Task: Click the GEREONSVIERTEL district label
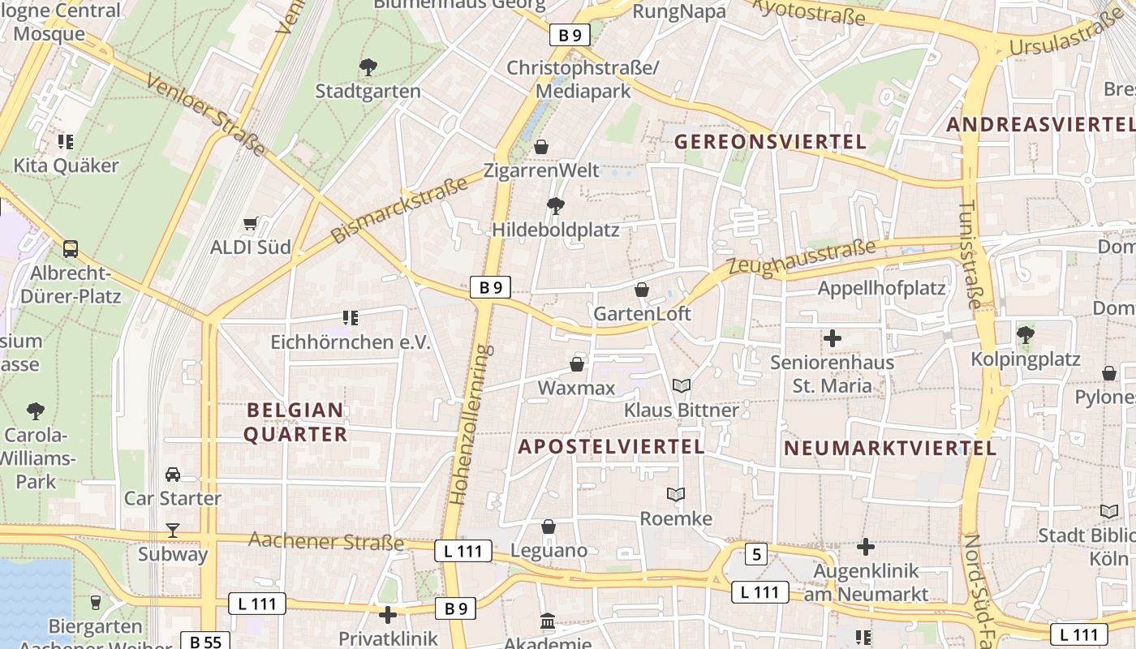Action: [x=770, y=142]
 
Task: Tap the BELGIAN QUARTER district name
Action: [x=295, y=422]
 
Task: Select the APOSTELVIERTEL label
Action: [x=611, y=446]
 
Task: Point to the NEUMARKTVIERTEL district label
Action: [x=889, y=448]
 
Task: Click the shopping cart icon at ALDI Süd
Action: [x=251, y=223]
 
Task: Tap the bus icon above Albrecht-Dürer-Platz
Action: [x=71, y=248]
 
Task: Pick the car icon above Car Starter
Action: [x=172, y=475]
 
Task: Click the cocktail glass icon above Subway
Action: [x=172, y=531]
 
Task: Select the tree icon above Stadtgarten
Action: [x=368, y=67]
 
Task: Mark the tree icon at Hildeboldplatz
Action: [x=556, y=205]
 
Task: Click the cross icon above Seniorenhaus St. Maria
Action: [x=832, y=338]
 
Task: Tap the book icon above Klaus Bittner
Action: [x=682, y=386]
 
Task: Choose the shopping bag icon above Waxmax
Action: [x=577, y=364]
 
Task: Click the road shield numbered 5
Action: [x=756, y=554]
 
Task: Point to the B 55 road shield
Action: [x=205, y=642]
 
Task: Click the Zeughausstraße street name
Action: [x=802, y=256]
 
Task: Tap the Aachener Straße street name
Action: [x=325, y=541]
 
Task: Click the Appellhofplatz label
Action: [x=881, y=288]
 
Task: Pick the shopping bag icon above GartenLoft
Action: [x=642, y=290]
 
